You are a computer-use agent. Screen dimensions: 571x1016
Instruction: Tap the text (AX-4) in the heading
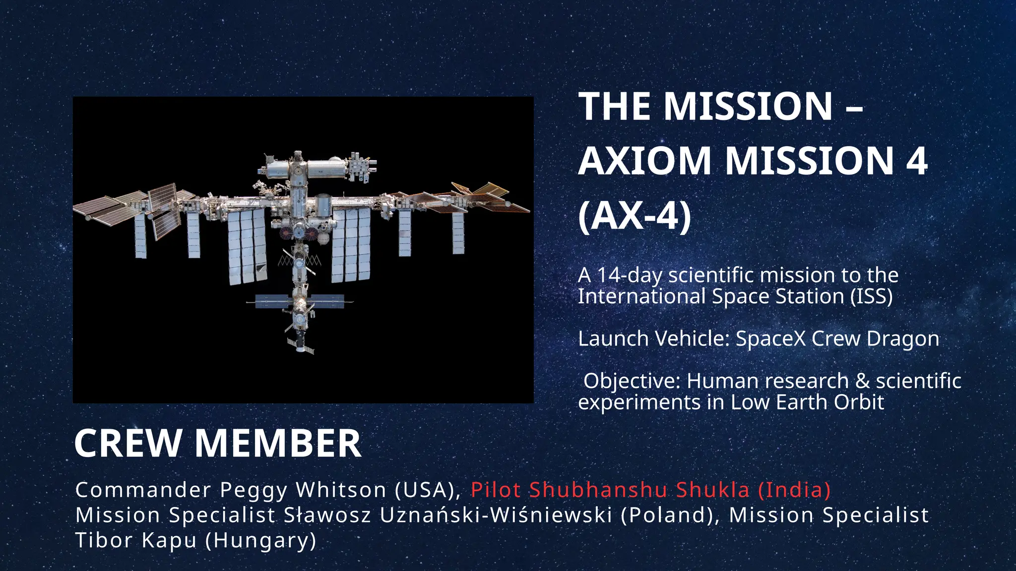tap(635, 216)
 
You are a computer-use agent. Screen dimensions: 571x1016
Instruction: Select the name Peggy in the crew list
tap(254, 490)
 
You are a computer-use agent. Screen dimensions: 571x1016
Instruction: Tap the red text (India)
tap(794, 490)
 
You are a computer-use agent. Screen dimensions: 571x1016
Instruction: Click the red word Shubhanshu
tap(598, 490)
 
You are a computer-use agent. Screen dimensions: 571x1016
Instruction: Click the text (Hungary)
tap(261, 540)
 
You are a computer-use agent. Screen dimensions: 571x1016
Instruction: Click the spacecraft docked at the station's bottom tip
tap(301, 343)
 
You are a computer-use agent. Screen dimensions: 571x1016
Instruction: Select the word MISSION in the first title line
tap(748, 107)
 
